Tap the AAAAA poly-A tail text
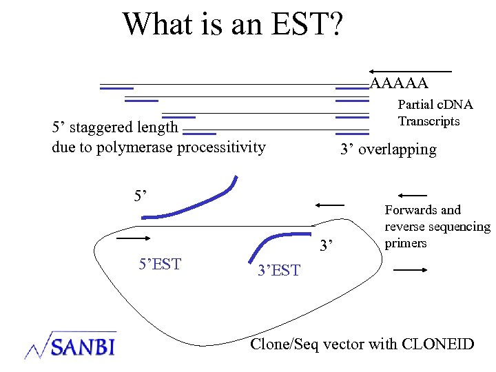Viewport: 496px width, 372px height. [x=399, y=84]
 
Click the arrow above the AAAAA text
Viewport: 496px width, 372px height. [x=411, y=72]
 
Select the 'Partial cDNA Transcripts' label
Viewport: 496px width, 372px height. [x=435, y=113]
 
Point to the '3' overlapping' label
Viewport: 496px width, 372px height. [x=388, y=149]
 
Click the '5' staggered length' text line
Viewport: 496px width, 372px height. [x=115, y=127]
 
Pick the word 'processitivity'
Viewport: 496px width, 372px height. [x=221, y=147]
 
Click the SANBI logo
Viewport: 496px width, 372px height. [x=70, y=344]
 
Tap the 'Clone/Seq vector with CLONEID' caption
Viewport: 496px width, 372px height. [x=362, y=344]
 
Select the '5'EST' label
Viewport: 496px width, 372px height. [x=160, y=264]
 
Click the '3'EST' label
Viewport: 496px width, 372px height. [x=278, y=271]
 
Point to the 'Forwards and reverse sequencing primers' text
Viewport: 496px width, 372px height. [x=437, y=227]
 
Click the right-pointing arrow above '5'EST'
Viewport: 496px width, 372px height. [x=134, y=238]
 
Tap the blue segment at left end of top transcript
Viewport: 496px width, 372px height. [x=116, y=88]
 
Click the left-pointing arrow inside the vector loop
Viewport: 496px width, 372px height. [x=329, y=205]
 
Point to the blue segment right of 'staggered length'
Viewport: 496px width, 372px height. [x=201, y=133]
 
